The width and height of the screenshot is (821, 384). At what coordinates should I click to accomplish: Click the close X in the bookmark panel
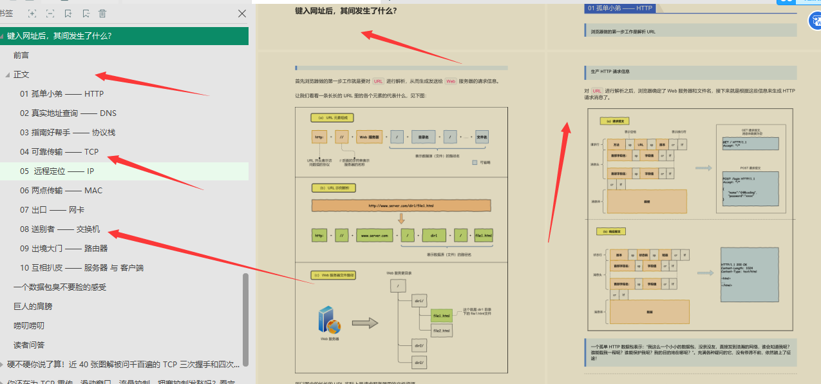242,14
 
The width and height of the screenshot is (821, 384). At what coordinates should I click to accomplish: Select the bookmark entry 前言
21,55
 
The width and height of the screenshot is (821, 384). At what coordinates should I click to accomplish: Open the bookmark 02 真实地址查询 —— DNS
68,113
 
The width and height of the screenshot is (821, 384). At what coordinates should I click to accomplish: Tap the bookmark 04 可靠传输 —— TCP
59,152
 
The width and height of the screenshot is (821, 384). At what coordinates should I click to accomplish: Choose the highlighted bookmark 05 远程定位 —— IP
57,171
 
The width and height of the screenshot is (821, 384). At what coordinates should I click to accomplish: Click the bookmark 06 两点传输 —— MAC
61,191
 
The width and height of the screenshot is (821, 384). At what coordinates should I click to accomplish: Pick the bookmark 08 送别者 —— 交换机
60,229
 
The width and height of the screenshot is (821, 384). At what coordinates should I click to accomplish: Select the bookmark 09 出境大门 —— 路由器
64,249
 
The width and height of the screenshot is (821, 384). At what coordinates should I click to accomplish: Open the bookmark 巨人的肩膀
33,307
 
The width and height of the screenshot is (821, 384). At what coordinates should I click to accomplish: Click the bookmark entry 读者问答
29,345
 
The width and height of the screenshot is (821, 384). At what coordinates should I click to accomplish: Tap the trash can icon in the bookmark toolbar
102,14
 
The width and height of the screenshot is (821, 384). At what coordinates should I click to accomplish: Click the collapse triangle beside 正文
7,75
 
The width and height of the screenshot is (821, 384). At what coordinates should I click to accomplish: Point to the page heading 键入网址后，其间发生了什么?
346,10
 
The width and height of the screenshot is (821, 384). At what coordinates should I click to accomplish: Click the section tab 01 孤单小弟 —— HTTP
619,8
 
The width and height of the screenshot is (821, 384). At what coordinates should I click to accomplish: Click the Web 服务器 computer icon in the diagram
329,320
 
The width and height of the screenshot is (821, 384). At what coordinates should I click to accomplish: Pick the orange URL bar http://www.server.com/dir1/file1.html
401,206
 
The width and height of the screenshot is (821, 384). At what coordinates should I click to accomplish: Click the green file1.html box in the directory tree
441,316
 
